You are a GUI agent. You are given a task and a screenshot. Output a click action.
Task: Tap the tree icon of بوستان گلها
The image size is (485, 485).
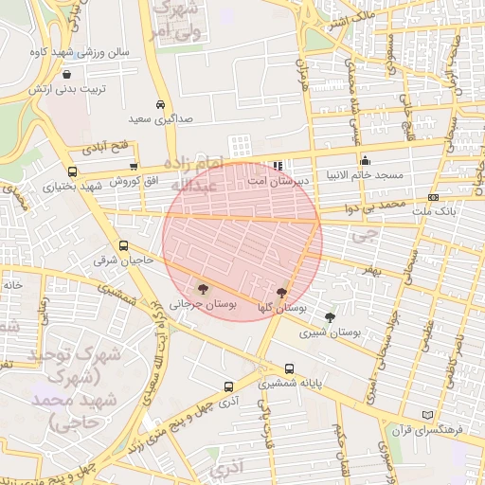(281, 293)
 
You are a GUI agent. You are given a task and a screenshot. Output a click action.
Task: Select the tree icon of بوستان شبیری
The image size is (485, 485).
(330, 317)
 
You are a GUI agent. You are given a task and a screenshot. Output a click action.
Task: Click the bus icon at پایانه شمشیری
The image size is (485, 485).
(289, 369)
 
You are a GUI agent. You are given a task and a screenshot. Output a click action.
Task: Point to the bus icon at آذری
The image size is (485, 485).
(228, 386)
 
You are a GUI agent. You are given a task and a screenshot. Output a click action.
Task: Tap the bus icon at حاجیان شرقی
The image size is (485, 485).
(124, 246)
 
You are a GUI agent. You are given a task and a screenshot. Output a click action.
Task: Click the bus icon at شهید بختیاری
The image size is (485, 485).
(73, 171)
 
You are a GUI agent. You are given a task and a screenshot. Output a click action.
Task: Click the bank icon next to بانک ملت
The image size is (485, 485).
(433, 197)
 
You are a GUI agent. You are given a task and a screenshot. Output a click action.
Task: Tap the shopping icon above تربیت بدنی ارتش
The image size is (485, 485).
(66, 72)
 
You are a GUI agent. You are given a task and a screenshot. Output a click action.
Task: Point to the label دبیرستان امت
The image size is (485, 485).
(275, 179)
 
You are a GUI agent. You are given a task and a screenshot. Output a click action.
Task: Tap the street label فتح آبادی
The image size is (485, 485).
(107, 149)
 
